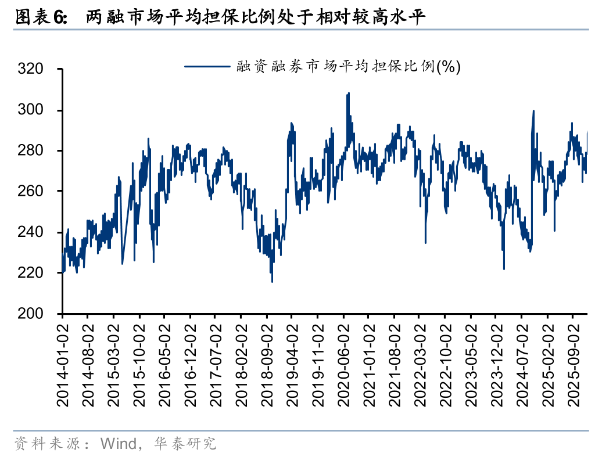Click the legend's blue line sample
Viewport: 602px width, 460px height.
click(x=207, y=67)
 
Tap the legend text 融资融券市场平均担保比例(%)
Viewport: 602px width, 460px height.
click(x=349, y=67)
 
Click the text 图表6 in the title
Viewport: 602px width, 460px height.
click(x=40, y=18)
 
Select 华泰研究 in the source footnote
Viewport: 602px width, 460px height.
click(x=185, y=444)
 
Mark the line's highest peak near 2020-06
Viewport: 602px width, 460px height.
click(x=348, y=93)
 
